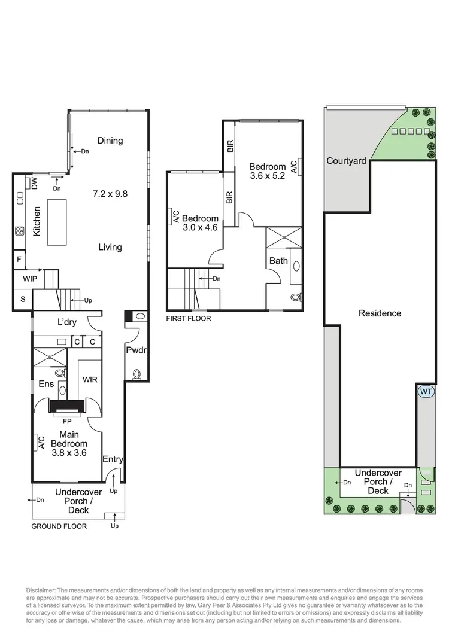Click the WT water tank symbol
coord(426,392)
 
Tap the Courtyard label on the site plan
coord(347,161)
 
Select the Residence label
coord(380,313)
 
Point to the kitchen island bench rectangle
coord(59,222)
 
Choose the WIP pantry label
coord(30,279)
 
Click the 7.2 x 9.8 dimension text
coord(111,194)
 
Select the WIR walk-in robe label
coord(90,379)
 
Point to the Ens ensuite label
coord(47,383)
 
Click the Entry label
coord(113,459)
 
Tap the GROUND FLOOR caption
coord(59,526)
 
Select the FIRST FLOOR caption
coord(189,319)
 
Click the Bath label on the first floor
coord(278,261)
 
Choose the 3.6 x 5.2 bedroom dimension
coord(268,176)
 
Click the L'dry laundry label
coord(69,323)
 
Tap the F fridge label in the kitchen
coord(19,260)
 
